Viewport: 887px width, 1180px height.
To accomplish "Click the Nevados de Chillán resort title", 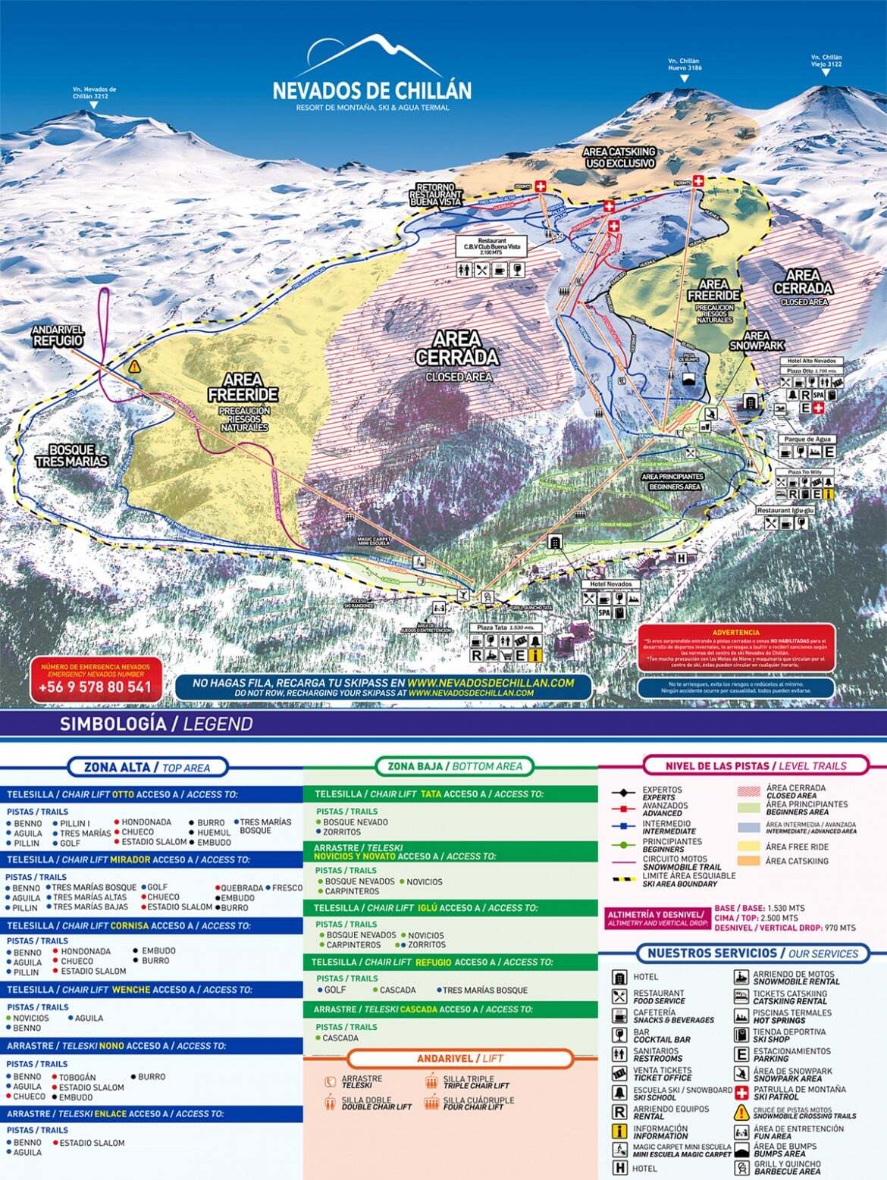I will coord(371,90).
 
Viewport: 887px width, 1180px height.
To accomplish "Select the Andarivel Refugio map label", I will coord(58,336).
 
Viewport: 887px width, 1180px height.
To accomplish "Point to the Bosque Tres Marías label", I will coord(71,455).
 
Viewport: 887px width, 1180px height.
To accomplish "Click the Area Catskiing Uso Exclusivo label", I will coord(619,157).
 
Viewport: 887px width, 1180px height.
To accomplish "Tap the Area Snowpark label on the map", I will coord(756,340).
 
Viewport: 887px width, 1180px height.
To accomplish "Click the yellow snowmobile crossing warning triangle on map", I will coord(134,366).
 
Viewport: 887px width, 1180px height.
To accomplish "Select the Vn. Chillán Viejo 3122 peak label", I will coord(826,61).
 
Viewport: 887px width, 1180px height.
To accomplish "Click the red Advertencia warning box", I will coord(735,648).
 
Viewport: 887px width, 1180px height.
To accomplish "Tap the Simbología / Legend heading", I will coord(155,724).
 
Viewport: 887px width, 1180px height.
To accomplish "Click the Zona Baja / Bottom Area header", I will coord(454,766).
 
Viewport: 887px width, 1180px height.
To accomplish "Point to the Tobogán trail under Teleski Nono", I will coord(77,1077).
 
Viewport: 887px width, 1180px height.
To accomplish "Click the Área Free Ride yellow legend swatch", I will coord(749,847).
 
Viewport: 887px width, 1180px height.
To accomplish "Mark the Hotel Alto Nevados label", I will coord(811,361).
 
